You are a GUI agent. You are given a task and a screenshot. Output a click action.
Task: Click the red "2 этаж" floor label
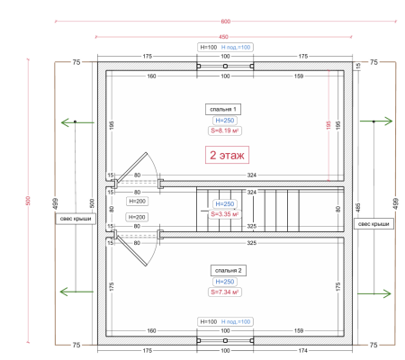[x=223, y=155]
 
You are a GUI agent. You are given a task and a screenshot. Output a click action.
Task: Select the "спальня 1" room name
[x=223, y=107]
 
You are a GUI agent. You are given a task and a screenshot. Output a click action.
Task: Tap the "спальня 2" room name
[x=223, y=269]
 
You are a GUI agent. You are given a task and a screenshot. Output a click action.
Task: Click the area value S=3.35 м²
[x=223, y=215]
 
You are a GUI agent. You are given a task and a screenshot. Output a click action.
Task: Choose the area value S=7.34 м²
[x=223, y=292]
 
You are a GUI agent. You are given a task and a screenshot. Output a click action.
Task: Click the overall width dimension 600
[x=224, y=20]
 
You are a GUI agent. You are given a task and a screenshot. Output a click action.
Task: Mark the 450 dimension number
[x=224, y=36]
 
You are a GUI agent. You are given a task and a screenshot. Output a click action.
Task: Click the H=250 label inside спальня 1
[x=223, y=119]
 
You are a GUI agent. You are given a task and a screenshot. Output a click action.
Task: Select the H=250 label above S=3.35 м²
[x=223, y=204]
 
